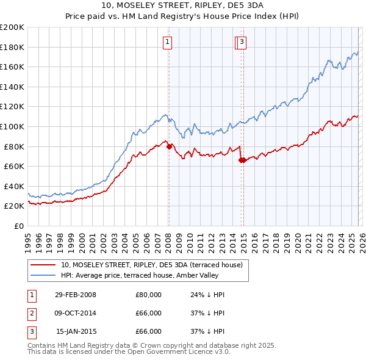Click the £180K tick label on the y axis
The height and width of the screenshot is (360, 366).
pyautogui.click(x=12, y=47)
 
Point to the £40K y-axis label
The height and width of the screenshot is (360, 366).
pyautogui.click(x=14, y=186)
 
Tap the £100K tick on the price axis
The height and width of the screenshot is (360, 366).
pyautogui.click(x=12, y=126)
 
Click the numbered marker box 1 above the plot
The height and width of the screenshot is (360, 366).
pyautogui.click(x=167, y=42)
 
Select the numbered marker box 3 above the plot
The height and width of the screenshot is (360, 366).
pyautogui.click(x=242, y=42)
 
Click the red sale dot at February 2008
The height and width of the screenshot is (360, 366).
pyautogui.click(x=169, y=146)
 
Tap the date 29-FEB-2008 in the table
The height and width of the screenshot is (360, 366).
pyautogui.click(x=75, y=295)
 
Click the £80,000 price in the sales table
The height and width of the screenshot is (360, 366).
pyautogui.click(x=148, y=295)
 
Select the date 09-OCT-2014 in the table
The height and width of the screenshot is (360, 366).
pyautogui.click(x=75, y=313)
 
